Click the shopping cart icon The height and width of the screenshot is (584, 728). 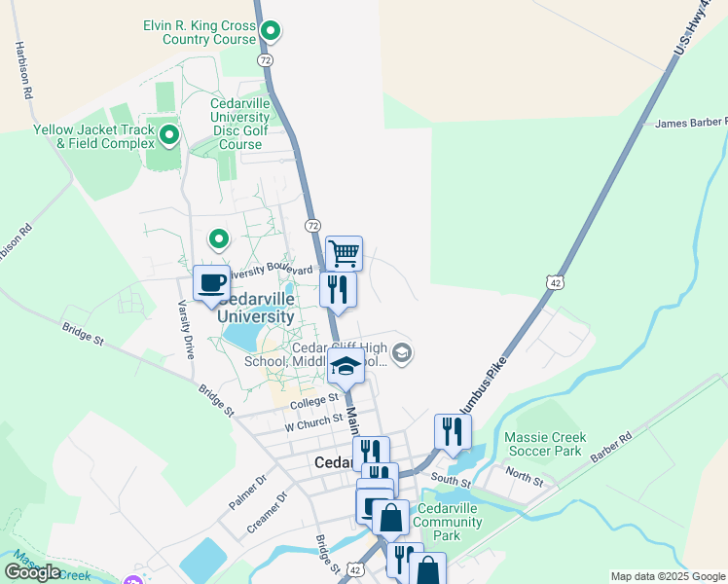click(x=345, y=254)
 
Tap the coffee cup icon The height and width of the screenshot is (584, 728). click(x=212, y=283)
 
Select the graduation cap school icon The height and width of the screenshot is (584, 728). click(x=346, y=367)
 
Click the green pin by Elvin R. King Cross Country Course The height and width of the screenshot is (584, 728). click(x=272, y=32)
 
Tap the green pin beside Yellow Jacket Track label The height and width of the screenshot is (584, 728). click(x=169, y=135)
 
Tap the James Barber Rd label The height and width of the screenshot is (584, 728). click(x=691, y=123)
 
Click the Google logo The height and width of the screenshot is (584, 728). click(x=32, y=572)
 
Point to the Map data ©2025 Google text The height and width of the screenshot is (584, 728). click(x=667, y=576)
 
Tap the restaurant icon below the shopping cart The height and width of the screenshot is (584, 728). click(x=338, y=289)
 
